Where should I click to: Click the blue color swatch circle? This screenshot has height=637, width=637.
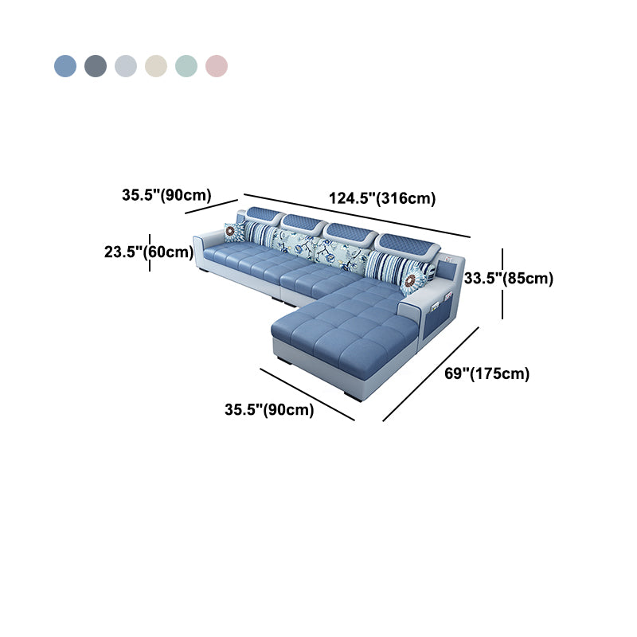(x=65, y=66)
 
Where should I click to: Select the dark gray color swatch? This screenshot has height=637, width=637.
(x=96, y=66)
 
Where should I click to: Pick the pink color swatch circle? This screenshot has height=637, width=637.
(x=217, y=66)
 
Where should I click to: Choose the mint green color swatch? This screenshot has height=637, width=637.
(x=186, y=66)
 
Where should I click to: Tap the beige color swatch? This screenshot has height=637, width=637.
(x=156, y=66)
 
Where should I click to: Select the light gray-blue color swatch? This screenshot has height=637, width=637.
(x=126, y=66)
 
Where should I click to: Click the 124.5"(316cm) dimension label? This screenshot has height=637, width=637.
(x=382, y=198)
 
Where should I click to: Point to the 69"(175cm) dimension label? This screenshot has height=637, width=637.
(x=487, y=373)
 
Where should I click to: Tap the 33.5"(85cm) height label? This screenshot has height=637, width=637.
(x=509, y=278)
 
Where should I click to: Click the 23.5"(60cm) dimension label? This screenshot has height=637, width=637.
(x=149, y=252)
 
